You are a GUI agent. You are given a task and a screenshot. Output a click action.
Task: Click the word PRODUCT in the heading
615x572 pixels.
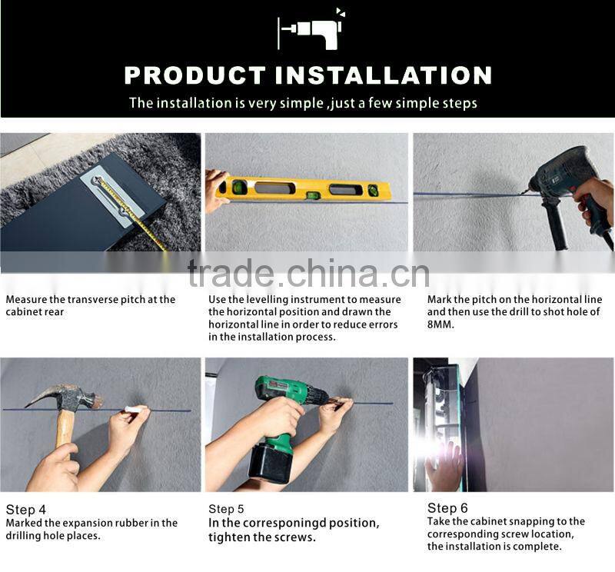195,75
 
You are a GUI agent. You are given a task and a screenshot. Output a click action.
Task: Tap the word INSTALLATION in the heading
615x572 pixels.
383,75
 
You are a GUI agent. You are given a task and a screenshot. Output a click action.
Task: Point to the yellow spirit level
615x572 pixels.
303,188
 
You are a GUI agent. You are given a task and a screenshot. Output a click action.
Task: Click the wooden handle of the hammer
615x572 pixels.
65,431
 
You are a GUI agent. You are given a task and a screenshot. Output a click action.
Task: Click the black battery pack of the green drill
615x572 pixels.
271,466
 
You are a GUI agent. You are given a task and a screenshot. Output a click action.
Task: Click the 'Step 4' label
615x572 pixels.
26,510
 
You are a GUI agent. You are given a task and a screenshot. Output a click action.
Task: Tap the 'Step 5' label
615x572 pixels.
226,509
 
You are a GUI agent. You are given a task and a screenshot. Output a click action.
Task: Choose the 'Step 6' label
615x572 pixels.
447,508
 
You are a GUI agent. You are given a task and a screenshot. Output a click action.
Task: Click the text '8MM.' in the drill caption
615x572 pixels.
440,324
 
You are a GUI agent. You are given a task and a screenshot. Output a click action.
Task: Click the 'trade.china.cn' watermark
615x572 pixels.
309,273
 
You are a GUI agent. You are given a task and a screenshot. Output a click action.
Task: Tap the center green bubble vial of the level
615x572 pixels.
312,195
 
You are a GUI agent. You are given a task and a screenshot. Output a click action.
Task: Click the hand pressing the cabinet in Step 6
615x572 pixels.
444,465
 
